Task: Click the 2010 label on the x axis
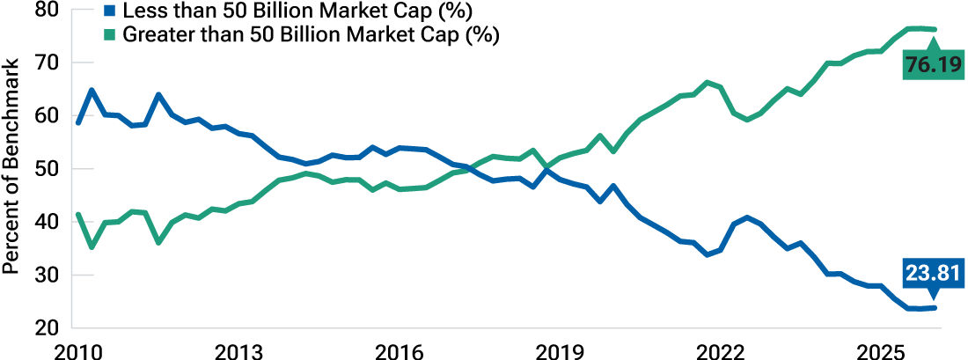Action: click(x=79, y=349)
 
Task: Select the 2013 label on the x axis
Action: click(x=240, y=349)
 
